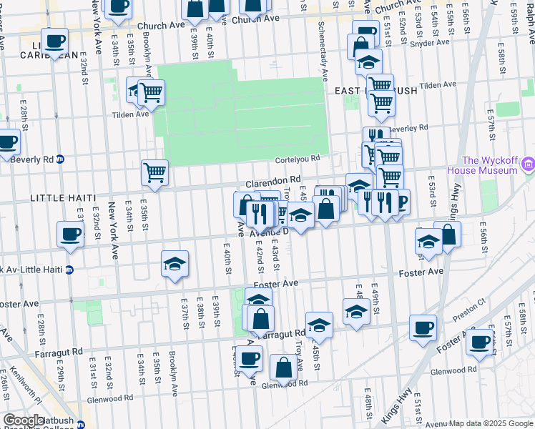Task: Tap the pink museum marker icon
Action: click(x=528, y=166)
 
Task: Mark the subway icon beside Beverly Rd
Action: click(x=60, y=159)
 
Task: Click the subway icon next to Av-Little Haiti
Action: click(x=69, y=270)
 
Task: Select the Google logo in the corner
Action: click(x=24, y=420)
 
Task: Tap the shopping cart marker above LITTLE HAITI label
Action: click(x=154, y=172)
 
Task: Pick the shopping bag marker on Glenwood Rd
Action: click(x=284, y=368)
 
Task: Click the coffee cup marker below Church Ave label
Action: click(x=54, y=41)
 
